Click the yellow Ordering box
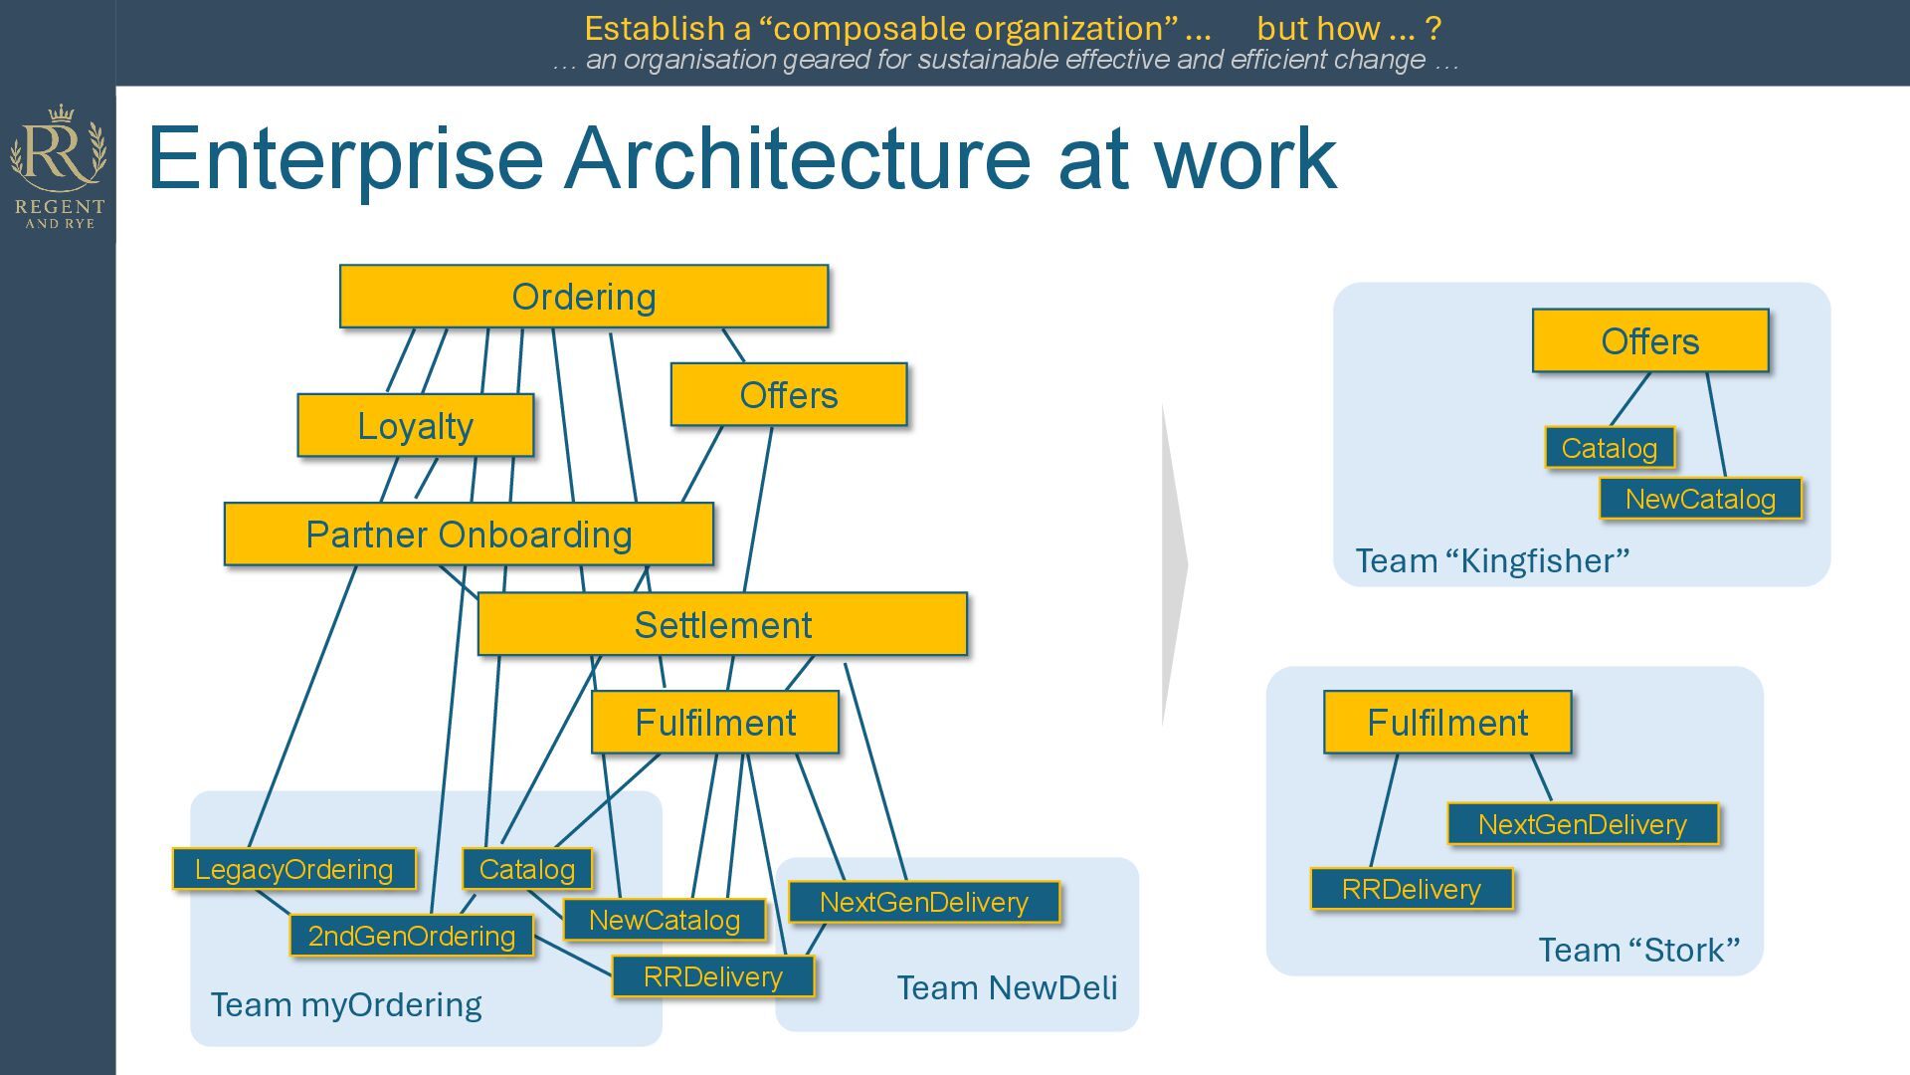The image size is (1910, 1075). (x=583, y=297)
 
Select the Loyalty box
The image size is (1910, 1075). (x=415, y=426)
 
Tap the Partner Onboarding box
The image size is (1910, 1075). (x=469, y=535)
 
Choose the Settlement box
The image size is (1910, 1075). (x=722, y=625)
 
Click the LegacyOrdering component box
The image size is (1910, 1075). (x=293, y=869)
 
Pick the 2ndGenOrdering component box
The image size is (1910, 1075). (x=411, y=936)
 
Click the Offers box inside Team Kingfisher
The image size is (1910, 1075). (x=1649, y=341)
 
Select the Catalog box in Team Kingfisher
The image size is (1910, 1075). (x=1609, y=448)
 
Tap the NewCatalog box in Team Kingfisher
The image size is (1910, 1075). (x=1699, y=499)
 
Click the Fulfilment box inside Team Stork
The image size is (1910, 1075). (x=1446, y=723)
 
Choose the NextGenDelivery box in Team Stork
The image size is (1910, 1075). (x=1582, y=824)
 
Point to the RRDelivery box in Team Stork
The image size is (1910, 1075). (x=1411, y=889)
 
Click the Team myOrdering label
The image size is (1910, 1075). (x=346, y=1004)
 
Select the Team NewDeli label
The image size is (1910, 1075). (x=1007, y=987)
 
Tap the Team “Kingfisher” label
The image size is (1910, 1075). (x=1492, y=560)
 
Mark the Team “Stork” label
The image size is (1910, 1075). (x=1638, y=950)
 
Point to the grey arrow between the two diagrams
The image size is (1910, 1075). (x=1174, y=564)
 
